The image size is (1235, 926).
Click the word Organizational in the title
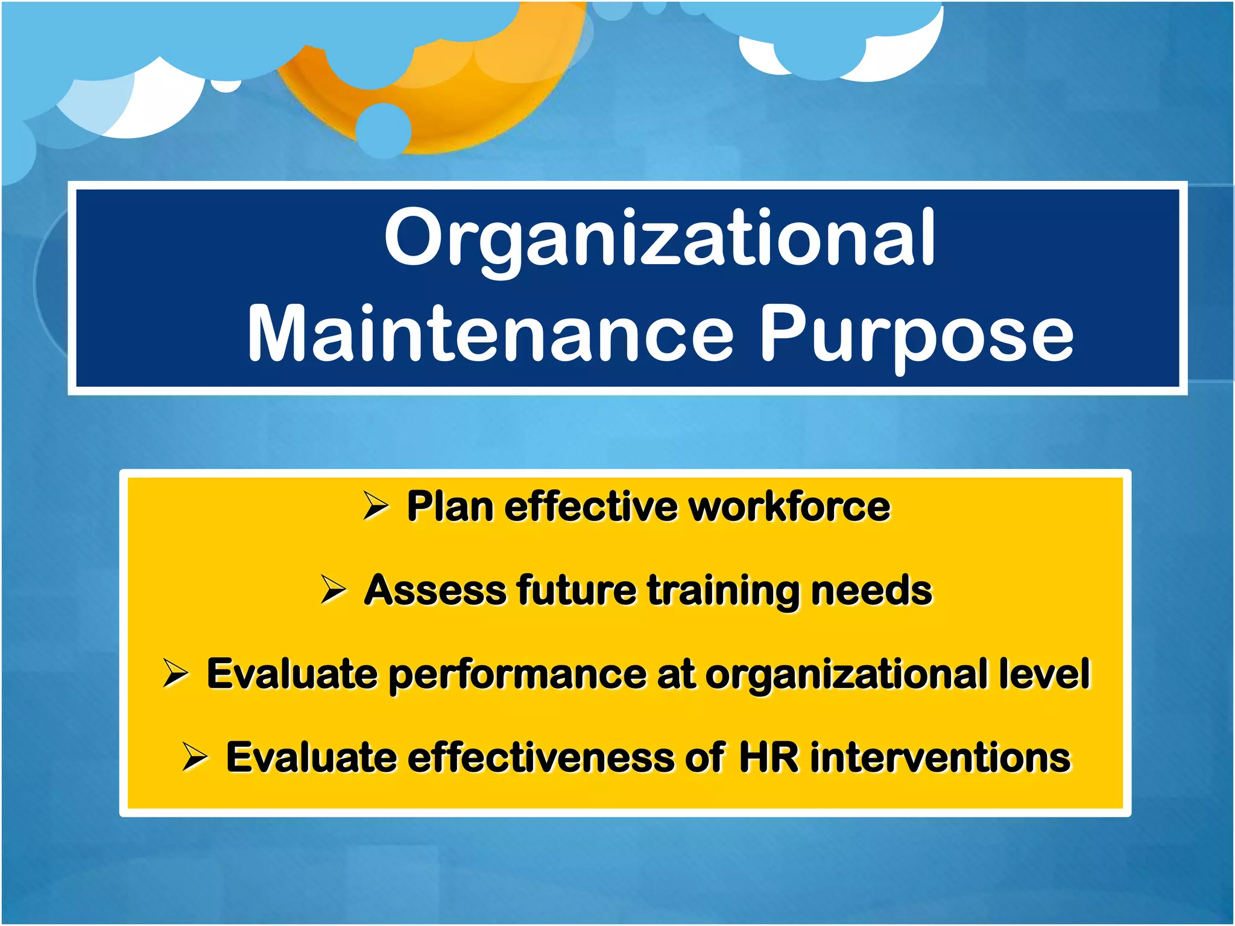(x=660, y=238)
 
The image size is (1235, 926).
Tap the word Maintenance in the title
(x=490, y=333)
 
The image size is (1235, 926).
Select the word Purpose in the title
(x=916, y=333)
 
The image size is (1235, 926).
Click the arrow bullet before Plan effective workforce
(x=376, y=506)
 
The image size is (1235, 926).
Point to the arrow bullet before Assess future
(x=333, y=590)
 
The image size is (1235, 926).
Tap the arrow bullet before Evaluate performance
(x=176, y=673)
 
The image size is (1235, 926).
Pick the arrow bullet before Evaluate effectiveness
(x=195, y=757)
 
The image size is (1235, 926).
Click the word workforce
(x=789, y=506)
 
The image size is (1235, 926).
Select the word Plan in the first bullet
(x=450, y=506)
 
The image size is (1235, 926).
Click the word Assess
(x=434, y=590)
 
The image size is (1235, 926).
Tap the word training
(x=723, y=591)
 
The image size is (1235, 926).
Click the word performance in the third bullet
(x=517, y=675)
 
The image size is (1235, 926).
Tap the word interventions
(x=940, y=757)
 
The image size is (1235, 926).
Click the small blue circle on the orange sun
(x=384, y=130)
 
